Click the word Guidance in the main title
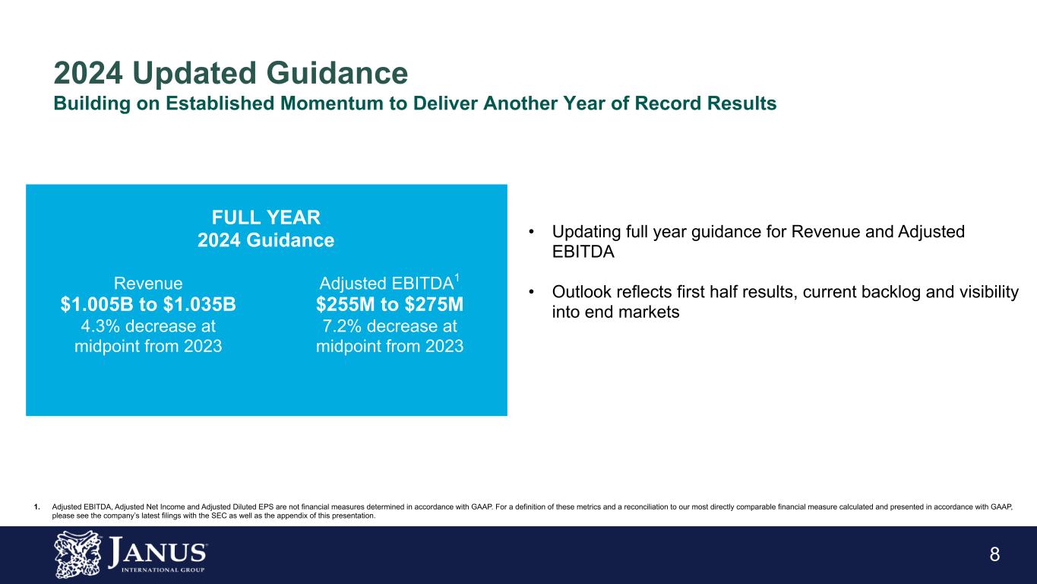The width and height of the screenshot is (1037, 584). pyautogui.click(x=337, y=73)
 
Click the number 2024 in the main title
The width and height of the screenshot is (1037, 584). pyautogui.click(x=88, y=73)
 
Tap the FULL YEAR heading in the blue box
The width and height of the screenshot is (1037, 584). pyautogui.click(x=266, y=217)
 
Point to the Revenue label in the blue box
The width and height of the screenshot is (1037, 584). pyautogui.click(x=148, y=283)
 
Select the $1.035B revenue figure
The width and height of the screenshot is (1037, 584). pyautogui.click(x=200, y=304)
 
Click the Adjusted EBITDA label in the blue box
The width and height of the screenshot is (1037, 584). pyautogui.click(x=387, y=283)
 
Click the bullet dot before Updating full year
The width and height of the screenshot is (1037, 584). pyautogui.click(x=532, y=231)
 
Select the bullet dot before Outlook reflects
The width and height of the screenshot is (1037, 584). pyautogui.click(x=532, y=291)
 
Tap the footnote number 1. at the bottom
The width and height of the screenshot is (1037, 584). pyautogui.click(x=37, y=507)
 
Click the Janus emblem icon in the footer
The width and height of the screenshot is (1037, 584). pyautogui.click(x=77, y=554)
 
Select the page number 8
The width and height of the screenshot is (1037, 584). pyautogui.click(x=995, y=554)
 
